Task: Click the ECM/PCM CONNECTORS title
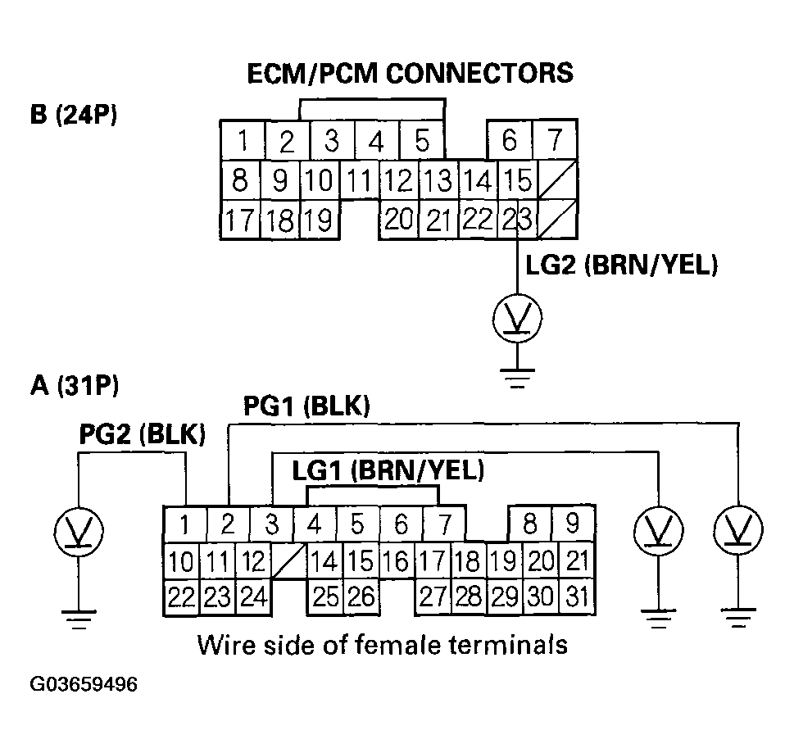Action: click(410, 72)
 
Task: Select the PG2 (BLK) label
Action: click(142, 434)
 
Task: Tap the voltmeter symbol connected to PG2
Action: click(78, 533)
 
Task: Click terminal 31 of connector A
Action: click(577, 595)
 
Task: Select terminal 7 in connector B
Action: click(555, 140)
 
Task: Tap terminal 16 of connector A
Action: click(396, 561)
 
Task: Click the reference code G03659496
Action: click(84, 684)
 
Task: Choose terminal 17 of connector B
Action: click(239, 220)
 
